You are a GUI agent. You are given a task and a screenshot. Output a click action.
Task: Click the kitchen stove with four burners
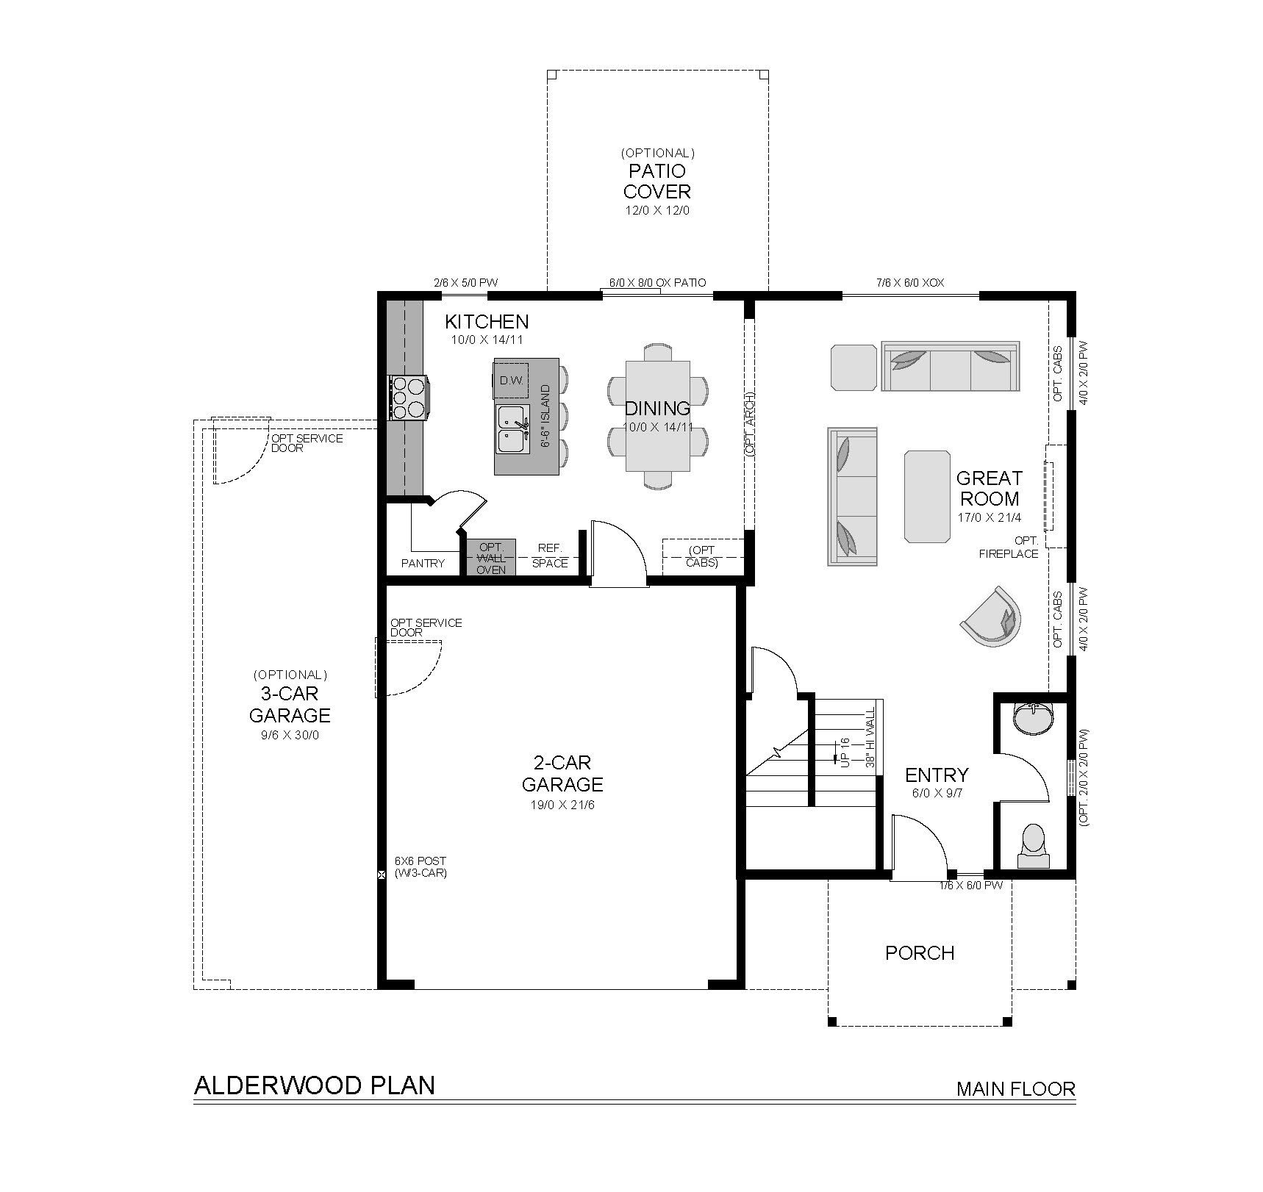[x=409, y=398]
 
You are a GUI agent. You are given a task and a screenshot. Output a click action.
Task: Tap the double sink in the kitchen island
[x=513, y=428]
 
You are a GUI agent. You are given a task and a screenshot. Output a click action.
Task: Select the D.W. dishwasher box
[x=511, y=379]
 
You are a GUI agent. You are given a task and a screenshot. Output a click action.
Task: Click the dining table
[x=657, y=416]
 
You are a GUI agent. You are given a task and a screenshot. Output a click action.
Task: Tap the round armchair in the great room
[x=992, y=616]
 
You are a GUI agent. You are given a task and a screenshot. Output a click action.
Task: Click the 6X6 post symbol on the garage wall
[x=382, y=875]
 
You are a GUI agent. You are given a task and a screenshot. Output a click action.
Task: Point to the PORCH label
[x=920, y=953]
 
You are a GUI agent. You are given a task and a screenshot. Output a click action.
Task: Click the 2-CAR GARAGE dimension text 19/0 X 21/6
[x=562, y=805]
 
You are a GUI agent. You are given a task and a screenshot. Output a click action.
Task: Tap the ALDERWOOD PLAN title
[x=314, y=1085]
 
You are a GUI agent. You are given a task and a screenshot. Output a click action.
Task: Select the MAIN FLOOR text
[x=1015, y=1088]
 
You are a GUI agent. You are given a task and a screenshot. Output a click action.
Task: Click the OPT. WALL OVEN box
[x=491, y=558]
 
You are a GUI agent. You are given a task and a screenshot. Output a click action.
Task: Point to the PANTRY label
[x=423, y=564]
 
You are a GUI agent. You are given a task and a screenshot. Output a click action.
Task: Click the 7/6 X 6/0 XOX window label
[x=910, y=282]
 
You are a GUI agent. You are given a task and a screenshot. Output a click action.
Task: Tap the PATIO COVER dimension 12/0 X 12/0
[x=657, y=210]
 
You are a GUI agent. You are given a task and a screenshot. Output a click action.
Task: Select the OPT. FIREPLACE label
[x=1009, y=547]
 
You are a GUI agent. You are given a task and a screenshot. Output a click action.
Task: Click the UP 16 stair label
[x=845, y=753]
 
